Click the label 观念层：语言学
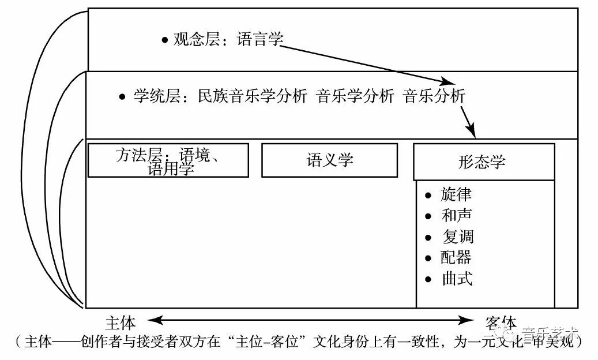tap(228, 40)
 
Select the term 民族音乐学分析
tap(252, 96)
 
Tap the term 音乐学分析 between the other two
tap(355, 96)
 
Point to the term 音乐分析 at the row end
tap(434, 96)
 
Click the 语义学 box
tap(329, 160)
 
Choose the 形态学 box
tap(484, 162)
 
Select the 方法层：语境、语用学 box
tap(168, 160)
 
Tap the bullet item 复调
tap(457, 237)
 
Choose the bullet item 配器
tap(456, 257)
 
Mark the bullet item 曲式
tap(457, 279)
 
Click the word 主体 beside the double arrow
tap(121, 322)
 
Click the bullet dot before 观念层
tap(165, 40)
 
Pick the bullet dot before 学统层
tap(122, 97)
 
